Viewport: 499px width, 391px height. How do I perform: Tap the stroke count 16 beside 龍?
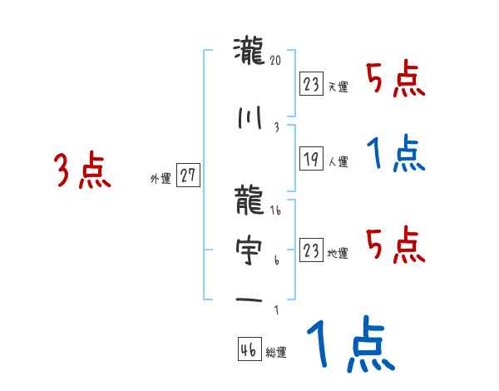[x=277, y=210]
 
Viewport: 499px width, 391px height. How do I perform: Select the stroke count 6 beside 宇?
[x=277, y=260]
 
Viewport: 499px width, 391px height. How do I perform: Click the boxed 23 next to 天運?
[x=312, y=83]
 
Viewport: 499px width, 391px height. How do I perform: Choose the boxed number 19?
[x=312, y=157]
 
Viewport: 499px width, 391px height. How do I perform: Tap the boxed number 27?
[x=189, y=176]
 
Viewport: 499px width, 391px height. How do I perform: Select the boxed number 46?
[x=249, y=349]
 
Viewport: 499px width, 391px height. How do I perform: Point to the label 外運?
[x=161, y=178]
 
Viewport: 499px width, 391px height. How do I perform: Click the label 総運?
[x=276, y=353]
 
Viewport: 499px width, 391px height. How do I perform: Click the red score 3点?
[x=83, y=171]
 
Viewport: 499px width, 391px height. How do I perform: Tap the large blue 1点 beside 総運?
[x=349, y=346]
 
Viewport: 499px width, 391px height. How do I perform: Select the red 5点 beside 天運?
[x=396, y=81]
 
